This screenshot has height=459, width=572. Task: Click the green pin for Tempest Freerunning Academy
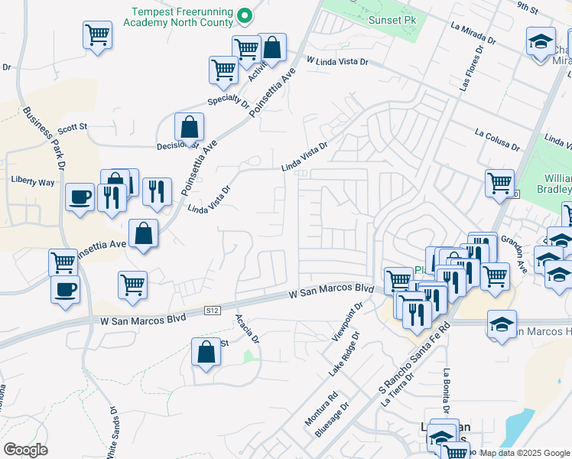pyautogui.click(x=244, y=15)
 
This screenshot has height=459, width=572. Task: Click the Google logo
pyautogui.click(x=25, y=450)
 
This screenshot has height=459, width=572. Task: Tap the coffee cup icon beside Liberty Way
pyautogui.click(x=80, y=198)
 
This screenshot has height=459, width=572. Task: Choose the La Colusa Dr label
pyautogui.click(x=497, y=139)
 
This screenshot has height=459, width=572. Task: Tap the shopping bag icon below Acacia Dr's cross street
pyautogui.click(x=205, y=353)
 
